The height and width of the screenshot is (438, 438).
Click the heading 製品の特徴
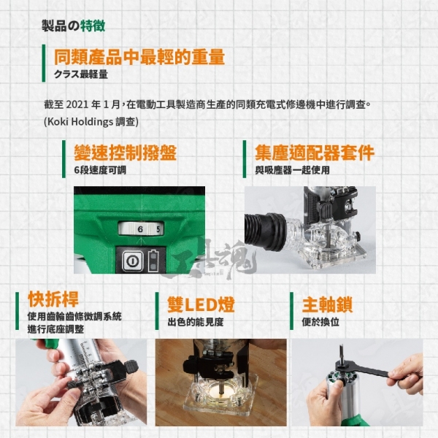click(74, 26)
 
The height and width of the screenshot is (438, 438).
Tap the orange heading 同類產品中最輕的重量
click(139, 57)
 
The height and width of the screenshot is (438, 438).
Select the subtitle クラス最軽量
click(81, 74)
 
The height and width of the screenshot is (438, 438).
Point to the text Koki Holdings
click(80, 121)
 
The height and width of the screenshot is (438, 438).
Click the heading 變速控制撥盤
click(125, 153)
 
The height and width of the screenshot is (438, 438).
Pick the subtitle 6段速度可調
click(100, 170)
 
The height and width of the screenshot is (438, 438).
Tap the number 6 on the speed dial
click(140, 229)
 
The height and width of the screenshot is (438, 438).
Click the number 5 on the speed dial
click(158, 229)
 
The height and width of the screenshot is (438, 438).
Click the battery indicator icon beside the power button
click(153, 260)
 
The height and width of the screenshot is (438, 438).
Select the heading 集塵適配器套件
click(315, 153)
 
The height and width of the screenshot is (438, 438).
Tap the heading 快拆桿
click(53, 299)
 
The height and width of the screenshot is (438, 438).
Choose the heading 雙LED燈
click(201, 304)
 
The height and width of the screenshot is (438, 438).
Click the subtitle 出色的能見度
click(196, 322)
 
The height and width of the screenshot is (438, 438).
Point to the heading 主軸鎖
click(327, 304)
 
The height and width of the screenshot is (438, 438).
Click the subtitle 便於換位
click(320, 322)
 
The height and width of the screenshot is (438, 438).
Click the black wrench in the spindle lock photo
click(362, 368)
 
